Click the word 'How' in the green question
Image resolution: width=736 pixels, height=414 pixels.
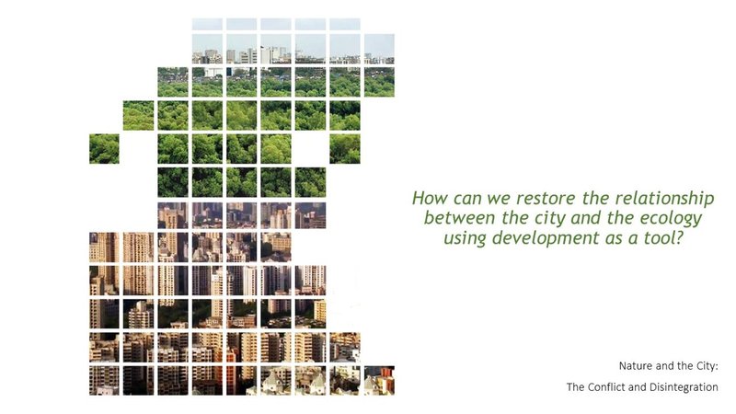click(x=426, y=198)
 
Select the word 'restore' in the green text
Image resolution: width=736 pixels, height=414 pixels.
click(x=529, y=198)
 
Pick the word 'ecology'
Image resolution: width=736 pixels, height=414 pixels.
click(x=668, y=219)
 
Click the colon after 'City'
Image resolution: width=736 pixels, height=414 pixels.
click(x=716, y=366)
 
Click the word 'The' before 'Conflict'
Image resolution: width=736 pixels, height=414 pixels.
click(x=576, y=387)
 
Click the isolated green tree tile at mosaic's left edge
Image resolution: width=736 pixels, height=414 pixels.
click(x=104, y=149)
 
